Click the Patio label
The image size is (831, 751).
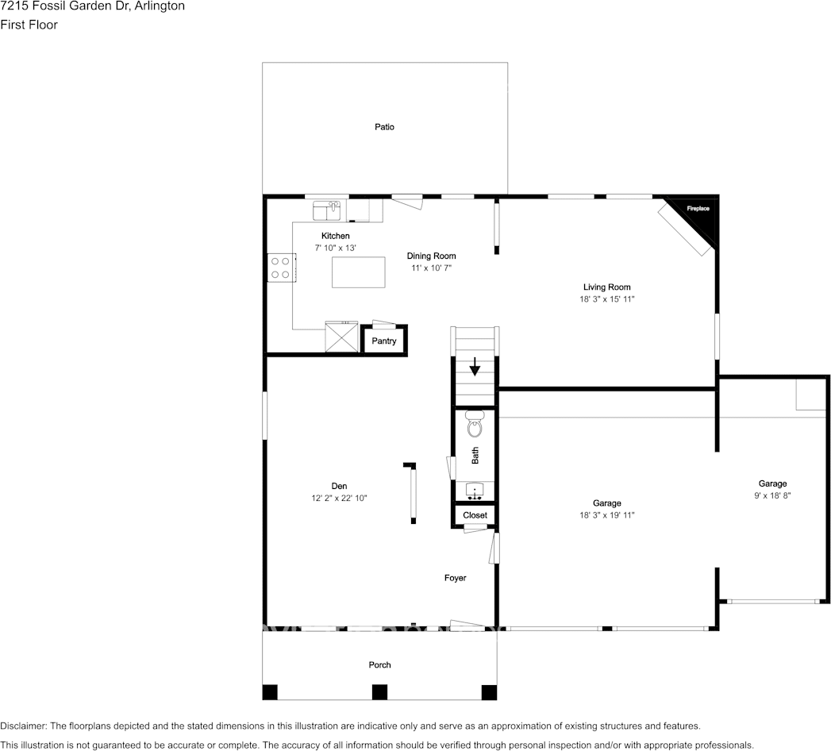coord(384,127)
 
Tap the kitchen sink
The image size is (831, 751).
coord(326,210)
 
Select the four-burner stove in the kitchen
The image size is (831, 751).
coord(279,266)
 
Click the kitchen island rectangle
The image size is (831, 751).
coord(358,272)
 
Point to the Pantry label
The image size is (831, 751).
coord(384,341)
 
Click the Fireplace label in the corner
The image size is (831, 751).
coord(698,209)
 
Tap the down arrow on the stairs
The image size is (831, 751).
coord(475,367)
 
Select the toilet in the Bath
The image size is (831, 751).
coord(475,426)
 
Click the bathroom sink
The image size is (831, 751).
coord(475,491)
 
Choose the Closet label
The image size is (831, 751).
coord(475,515)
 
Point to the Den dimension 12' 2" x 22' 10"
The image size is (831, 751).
coord(339,498)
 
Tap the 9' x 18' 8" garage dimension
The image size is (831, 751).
coord(771,495)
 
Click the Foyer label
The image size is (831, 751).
coord(455,578)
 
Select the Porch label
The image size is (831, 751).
coord(379,665)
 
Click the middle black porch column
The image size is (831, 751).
coord(379,691)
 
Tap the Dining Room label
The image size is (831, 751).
coord(431,256)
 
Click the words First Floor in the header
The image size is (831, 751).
coord(29,25)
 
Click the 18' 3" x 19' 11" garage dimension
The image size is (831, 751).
coord(606,515)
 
